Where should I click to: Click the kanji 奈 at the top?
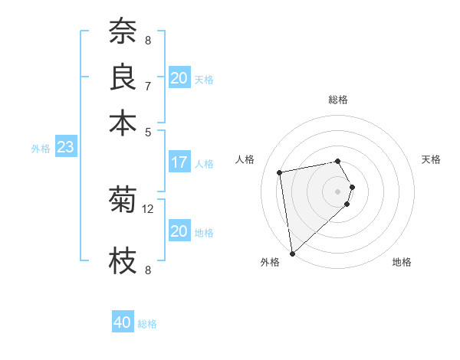[122, 32]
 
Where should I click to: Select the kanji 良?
[122, 77]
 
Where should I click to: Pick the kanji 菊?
[122, 200]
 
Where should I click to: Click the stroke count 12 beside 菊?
[148, 208]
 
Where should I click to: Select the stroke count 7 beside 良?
[148, 86]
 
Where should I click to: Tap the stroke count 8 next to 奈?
[148, 41]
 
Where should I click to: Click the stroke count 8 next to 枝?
[148, 270]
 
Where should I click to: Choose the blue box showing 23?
[65, 147]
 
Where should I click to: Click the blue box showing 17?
[179, 162]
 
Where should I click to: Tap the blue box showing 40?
[123, 322]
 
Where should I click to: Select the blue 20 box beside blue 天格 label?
[179, 78]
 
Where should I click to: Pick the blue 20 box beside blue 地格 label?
[179, 231]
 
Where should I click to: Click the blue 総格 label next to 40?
[147, 324]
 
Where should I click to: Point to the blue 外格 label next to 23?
[41, 149]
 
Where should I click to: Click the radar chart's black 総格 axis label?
[338, 100]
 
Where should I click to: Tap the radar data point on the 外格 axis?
[292, 254]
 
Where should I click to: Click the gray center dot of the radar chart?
[338, 191]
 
